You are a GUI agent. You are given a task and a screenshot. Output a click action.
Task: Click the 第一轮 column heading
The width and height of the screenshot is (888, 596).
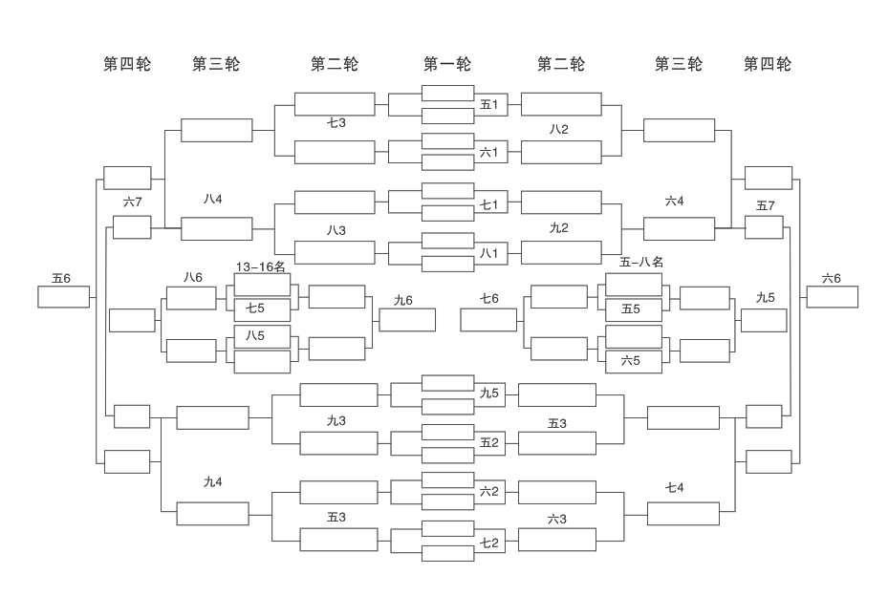tap(447, 64)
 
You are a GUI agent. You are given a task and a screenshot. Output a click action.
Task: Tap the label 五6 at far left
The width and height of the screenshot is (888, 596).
tap(61, 278)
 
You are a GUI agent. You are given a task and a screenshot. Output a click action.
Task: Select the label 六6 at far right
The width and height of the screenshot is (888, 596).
tap(832, 278)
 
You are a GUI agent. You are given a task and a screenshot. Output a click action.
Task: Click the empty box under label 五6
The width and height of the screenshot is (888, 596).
tap(63, 297)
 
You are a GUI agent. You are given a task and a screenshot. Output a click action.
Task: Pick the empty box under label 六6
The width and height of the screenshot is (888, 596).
tap(832, 297)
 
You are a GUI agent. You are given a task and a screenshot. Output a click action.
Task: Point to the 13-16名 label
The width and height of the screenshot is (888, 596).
tap(261, 266)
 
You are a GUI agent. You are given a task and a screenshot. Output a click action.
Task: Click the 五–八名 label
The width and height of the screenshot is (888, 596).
tap(641, 262)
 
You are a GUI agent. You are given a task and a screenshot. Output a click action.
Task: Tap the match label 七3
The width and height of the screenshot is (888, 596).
tap(336, 122)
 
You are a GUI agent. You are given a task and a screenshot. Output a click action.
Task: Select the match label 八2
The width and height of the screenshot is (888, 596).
tap(559, 129)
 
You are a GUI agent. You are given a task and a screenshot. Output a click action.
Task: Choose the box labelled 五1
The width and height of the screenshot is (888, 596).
tap(489, 104)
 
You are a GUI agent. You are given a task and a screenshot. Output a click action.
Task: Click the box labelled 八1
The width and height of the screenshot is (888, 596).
tap(489, 253)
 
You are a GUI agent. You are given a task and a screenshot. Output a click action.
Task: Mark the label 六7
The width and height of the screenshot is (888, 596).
tap(133, 202)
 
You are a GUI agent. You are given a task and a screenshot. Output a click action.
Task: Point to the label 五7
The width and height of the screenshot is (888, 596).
tap(766, 205)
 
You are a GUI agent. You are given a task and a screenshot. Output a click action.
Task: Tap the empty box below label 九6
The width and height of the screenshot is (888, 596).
tap(407, 320)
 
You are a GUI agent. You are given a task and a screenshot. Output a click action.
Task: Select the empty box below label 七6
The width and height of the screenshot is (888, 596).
tap(488, 320)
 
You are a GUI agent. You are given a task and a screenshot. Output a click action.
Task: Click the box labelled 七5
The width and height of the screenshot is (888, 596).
tap(262, 309)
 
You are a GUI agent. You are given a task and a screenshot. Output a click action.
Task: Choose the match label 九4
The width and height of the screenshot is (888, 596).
tap(212, 481)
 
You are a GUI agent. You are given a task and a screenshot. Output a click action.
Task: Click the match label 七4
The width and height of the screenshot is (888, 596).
tap(675, 488)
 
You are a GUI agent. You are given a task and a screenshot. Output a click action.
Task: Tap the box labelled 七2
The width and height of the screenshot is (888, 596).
tap(489, 543)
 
